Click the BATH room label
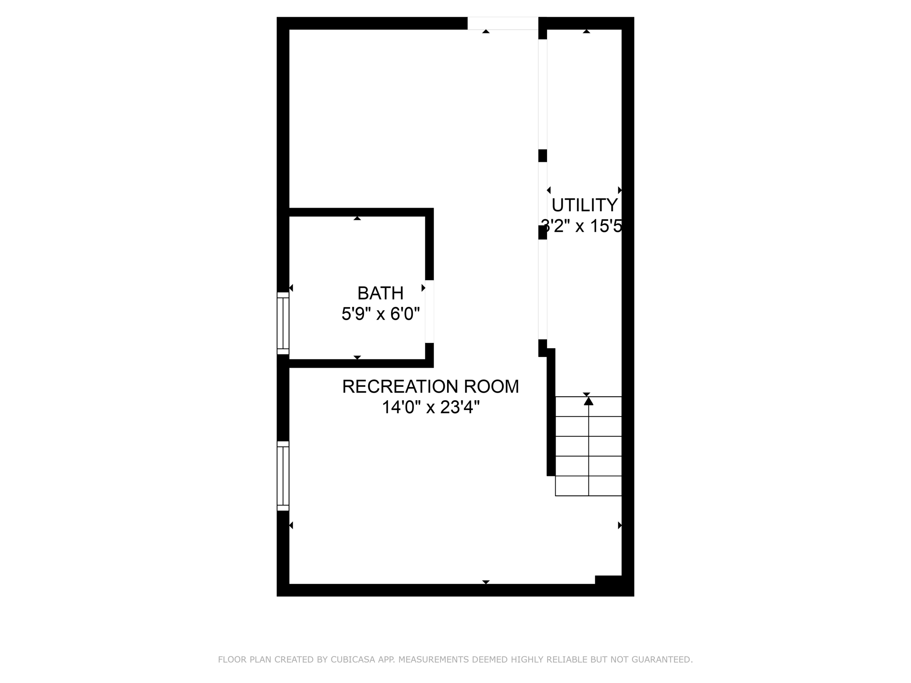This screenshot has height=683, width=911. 380,293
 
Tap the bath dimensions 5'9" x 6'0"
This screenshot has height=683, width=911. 380,314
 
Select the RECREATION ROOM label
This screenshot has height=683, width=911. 430,387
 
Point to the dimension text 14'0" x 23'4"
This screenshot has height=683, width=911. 430,407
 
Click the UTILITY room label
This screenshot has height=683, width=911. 584,205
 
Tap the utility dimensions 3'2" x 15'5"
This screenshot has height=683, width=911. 581,226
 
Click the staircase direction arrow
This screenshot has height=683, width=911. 589,401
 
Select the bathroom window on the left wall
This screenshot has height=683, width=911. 283,323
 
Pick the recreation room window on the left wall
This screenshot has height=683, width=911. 283,476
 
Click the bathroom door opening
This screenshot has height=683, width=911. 429,311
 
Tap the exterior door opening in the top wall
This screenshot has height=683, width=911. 503,23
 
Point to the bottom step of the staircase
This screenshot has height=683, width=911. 588,486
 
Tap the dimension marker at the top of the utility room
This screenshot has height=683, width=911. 586,31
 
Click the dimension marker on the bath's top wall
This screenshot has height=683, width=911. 357,218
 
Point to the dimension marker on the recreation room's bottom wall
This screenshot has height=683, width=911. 486,582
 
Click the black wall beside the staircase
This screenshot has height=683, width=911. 551,414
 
